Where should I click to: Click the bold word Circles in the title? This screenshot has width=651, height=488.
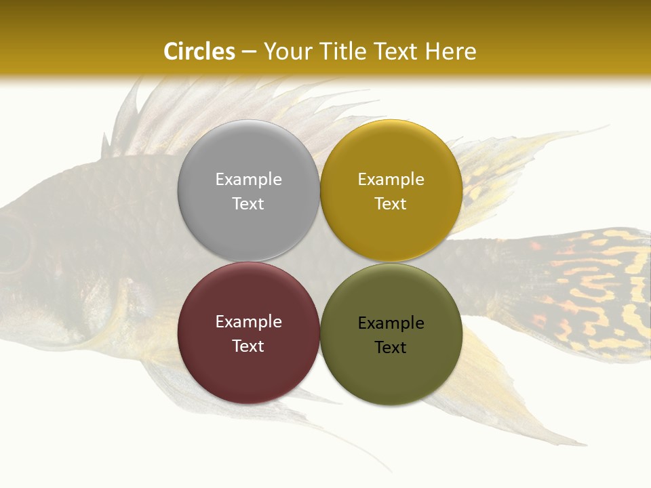click(x=199, y=52)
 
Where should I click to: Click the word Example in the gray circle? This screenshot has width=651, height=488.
click(x=248, y=180)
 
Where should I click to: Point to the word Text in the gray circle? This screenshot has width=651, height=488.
click(x=248, y=204)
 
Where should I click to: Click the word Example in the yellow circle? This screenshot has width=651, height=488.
click(x=391, y=180)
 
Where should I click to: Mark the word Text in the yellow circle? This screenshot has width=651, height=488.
click(x=391, y=204)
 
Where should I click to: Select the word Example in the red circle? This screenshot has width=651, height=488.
click(x=248, y=322)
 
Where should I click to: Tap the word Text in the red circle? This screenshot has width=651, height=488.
click(x=248, y=346)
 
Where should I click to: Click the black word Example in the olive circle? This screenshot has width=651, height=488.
click(x=391, y=323)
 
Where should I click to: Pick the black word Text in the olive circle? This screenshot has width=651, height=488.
click(x=391, y=348)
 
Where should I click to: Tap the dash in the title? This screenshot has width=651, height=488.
click(x=249, y=52)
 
